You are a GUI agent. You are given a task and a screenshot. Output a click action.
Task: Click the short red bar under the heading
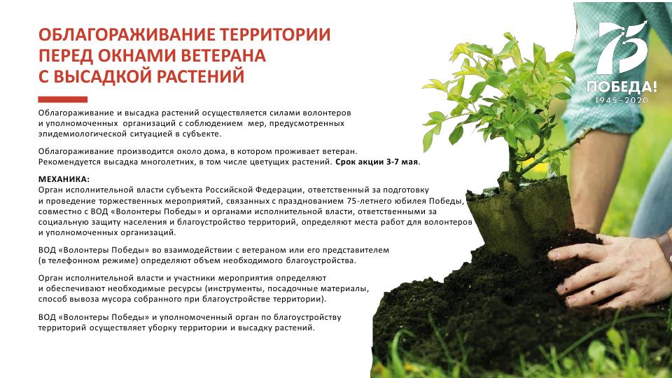click(62, 99)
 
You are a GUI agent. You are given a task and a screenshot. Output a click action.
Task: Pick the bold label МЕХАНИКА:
click(64, 179)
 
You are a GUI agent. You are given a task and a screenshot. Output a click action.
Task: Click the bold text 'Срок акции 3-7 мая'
click(377, 162)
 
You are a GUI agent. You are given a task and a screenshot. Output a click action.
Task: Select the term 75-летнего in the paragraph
click(366, 201)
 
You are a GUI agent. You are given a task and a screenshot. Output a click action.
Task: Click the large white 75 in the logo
click(622, 48)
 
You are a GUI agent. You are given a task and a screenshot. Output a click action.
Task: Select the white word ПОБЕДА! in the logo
click(622, 87)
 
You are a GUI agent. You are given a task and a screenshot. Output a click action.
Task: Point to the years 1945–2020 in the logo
click(622, 100)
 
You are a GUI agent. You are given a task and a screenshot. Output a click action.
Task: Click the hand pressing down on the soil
click(608, 271)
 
